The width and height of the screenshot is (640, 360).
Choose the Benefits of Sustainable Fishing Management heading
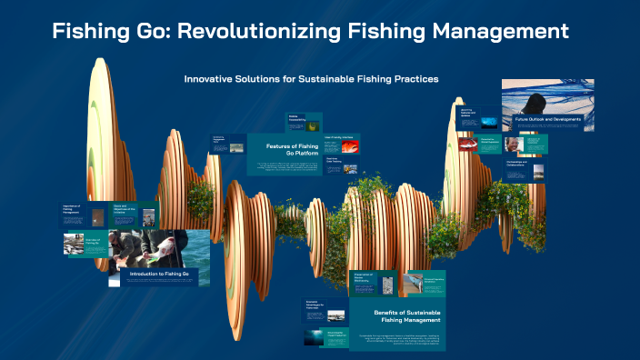click(407, 316)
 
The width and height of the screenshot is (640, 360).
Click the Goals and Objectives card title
click(124, 207)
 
